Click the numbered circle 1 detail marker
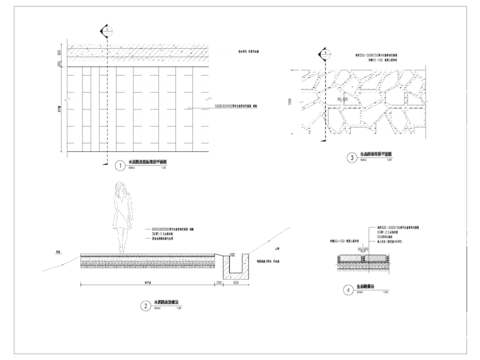tap(120, 166)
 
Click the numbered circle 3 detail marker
tap(351, 157)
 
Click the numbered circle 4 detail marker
tap(348, 290)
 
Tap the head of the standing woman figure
tap(121, 188)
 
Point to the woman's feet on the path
tap(120, 251)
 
